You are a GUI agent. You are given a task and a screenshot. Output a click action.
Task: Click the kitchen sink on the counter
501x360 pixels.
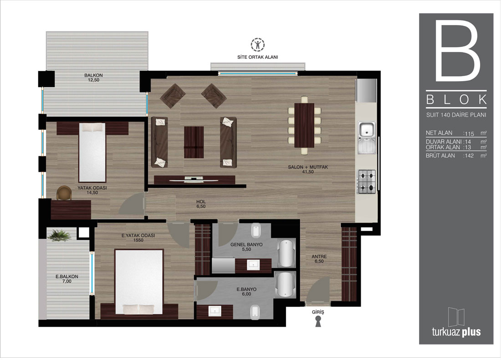point(367,137)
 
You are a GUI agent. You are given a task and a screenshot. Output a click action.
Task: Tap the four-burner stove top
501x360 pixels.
point(367,182)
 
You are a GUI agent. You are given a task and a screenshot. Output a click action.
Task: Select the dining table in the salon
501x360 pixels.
point(304,125)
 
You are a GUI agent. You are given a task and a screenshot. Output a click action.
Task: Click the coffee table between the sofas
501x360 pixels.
point(194,142)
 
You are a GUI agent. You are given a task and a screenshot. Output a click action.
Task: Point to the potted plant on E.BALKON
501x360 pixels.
point(59,235)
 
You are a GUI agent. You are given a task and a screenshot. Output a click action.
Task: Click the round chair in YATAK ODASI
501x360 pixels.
point(64,193)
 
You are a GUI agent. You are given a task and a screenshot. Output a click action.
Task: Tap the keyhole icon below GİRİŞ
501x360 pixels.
point(318,321)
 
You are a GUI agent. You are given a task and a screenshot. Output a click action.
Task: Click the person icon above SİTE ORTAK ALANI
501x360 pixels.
point(257,45)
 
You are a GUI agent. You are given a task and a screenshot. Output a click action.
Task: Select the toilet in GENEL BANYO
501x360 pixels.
point(256,231)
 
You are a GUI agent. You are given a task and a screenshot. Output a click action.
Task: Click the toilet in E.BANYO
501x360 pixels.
point(254,312)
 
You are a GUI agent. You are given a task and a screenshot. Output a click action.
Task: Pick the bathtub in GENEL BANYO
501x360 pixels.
point(286,253)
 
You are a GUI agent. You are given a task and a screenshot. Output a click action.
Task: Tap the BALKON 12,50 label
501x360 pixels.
point(94,77)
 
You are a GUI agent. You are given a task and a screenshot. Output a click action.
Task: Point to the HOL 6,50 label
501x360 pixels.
point(201,204)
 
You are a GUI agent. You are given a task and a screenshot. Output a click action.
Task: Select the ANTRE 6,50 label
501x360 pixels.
point(319,259)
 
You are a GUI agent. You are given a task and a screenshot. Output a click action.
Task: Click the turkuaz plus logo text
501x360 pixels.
point(456,332)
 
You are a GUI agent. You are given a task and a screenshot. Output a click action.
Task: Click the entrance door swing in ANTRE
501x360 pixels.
point(317,289)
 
